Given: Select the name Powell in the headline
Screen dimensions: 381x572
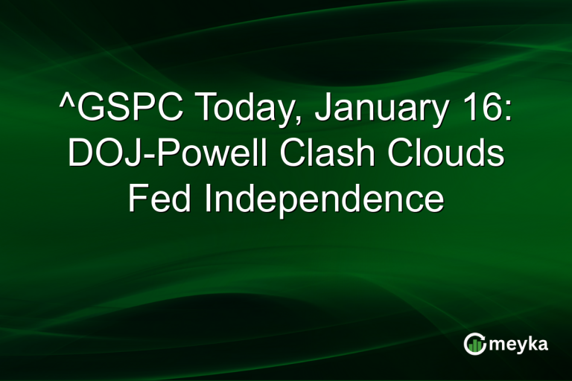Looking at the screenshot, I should click(199, 155).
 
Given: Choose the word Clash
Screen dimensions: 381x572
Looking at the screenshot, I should click(317, 155).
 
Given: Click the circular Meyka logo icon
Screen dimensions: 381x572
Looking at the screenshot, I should click(474, 343).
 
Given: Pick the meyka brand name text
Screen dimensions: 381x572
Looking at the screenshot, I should click(517, 345).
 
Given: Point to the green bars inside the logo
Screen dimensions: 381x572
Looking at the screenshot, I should click(475, 345).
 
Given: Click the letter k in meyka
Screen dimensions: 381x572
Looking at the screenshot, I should click(531, 342).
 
